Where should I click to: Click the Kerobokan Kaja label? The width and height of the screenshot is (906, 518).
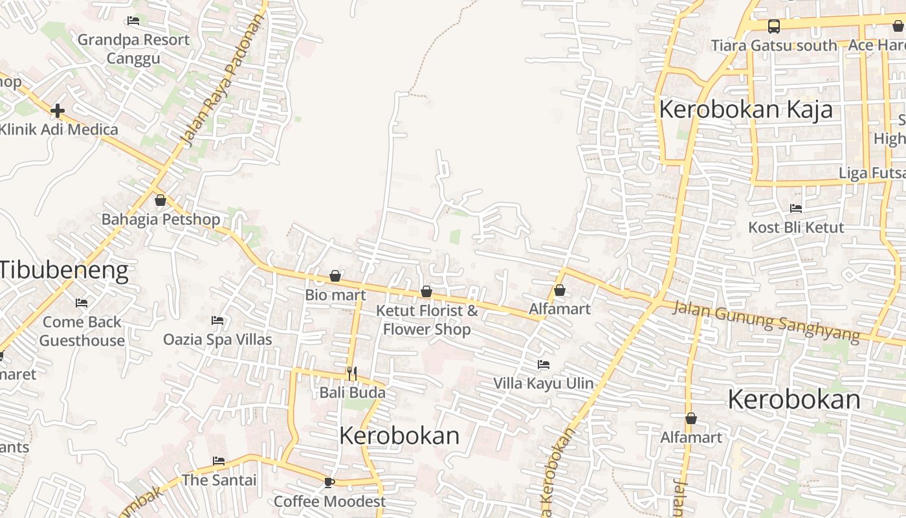click(x=746, y=109)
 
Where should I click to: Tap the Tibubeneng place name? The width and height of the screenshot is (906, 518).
click(x=64, y=269)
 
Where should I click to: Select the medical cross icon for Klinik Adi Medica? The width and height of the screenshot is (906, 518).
click(x=58, y=111)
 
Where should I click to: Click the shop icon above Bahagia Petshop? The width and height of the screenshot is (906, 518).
click(x=160, y=200)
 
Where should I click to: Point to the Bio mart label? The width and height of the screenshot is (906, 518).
click(x=335, y=295)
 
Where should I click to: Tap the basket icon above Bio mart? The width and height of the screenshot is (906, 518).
click(x=335, y=276)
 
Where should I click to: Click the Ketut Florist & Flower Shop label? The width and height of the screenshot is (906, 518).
click(x=427, y=320)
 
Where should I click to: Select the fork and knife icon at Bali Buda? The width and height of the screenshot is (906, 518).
click(x=351, y=373)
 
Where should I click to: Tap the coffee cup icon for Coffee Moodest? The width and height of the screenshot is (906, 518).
click(x=329, y=482)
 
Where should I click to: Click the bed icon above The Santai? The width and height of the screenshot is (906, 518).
click(x=219, y=461)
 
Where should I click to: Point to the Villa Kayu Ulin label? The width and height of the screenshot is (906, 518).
click(x=544, y=383)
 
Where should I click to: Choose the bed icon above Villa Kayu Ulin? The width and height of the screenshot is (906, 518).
click(x=544, y=365)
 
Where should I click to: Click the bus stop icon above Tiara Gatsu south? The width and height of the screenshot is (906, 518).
click(x=773, y=27)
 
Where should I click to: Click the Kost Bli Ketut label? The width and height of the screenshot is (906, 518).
click(x=796, y=227)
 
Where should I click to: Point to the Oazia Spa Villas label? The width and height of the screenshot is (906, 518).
click(x=217, y=339)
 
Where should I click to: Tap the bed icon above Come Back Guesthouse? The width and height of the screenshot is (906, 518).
click(x=82, y=303)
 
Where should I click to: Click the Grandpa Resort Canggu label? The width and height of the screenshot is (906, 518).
click(x=133, y=49)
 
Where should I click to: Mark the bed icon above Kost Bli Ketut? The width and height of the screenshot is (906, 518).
click(x=796, y=208)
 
